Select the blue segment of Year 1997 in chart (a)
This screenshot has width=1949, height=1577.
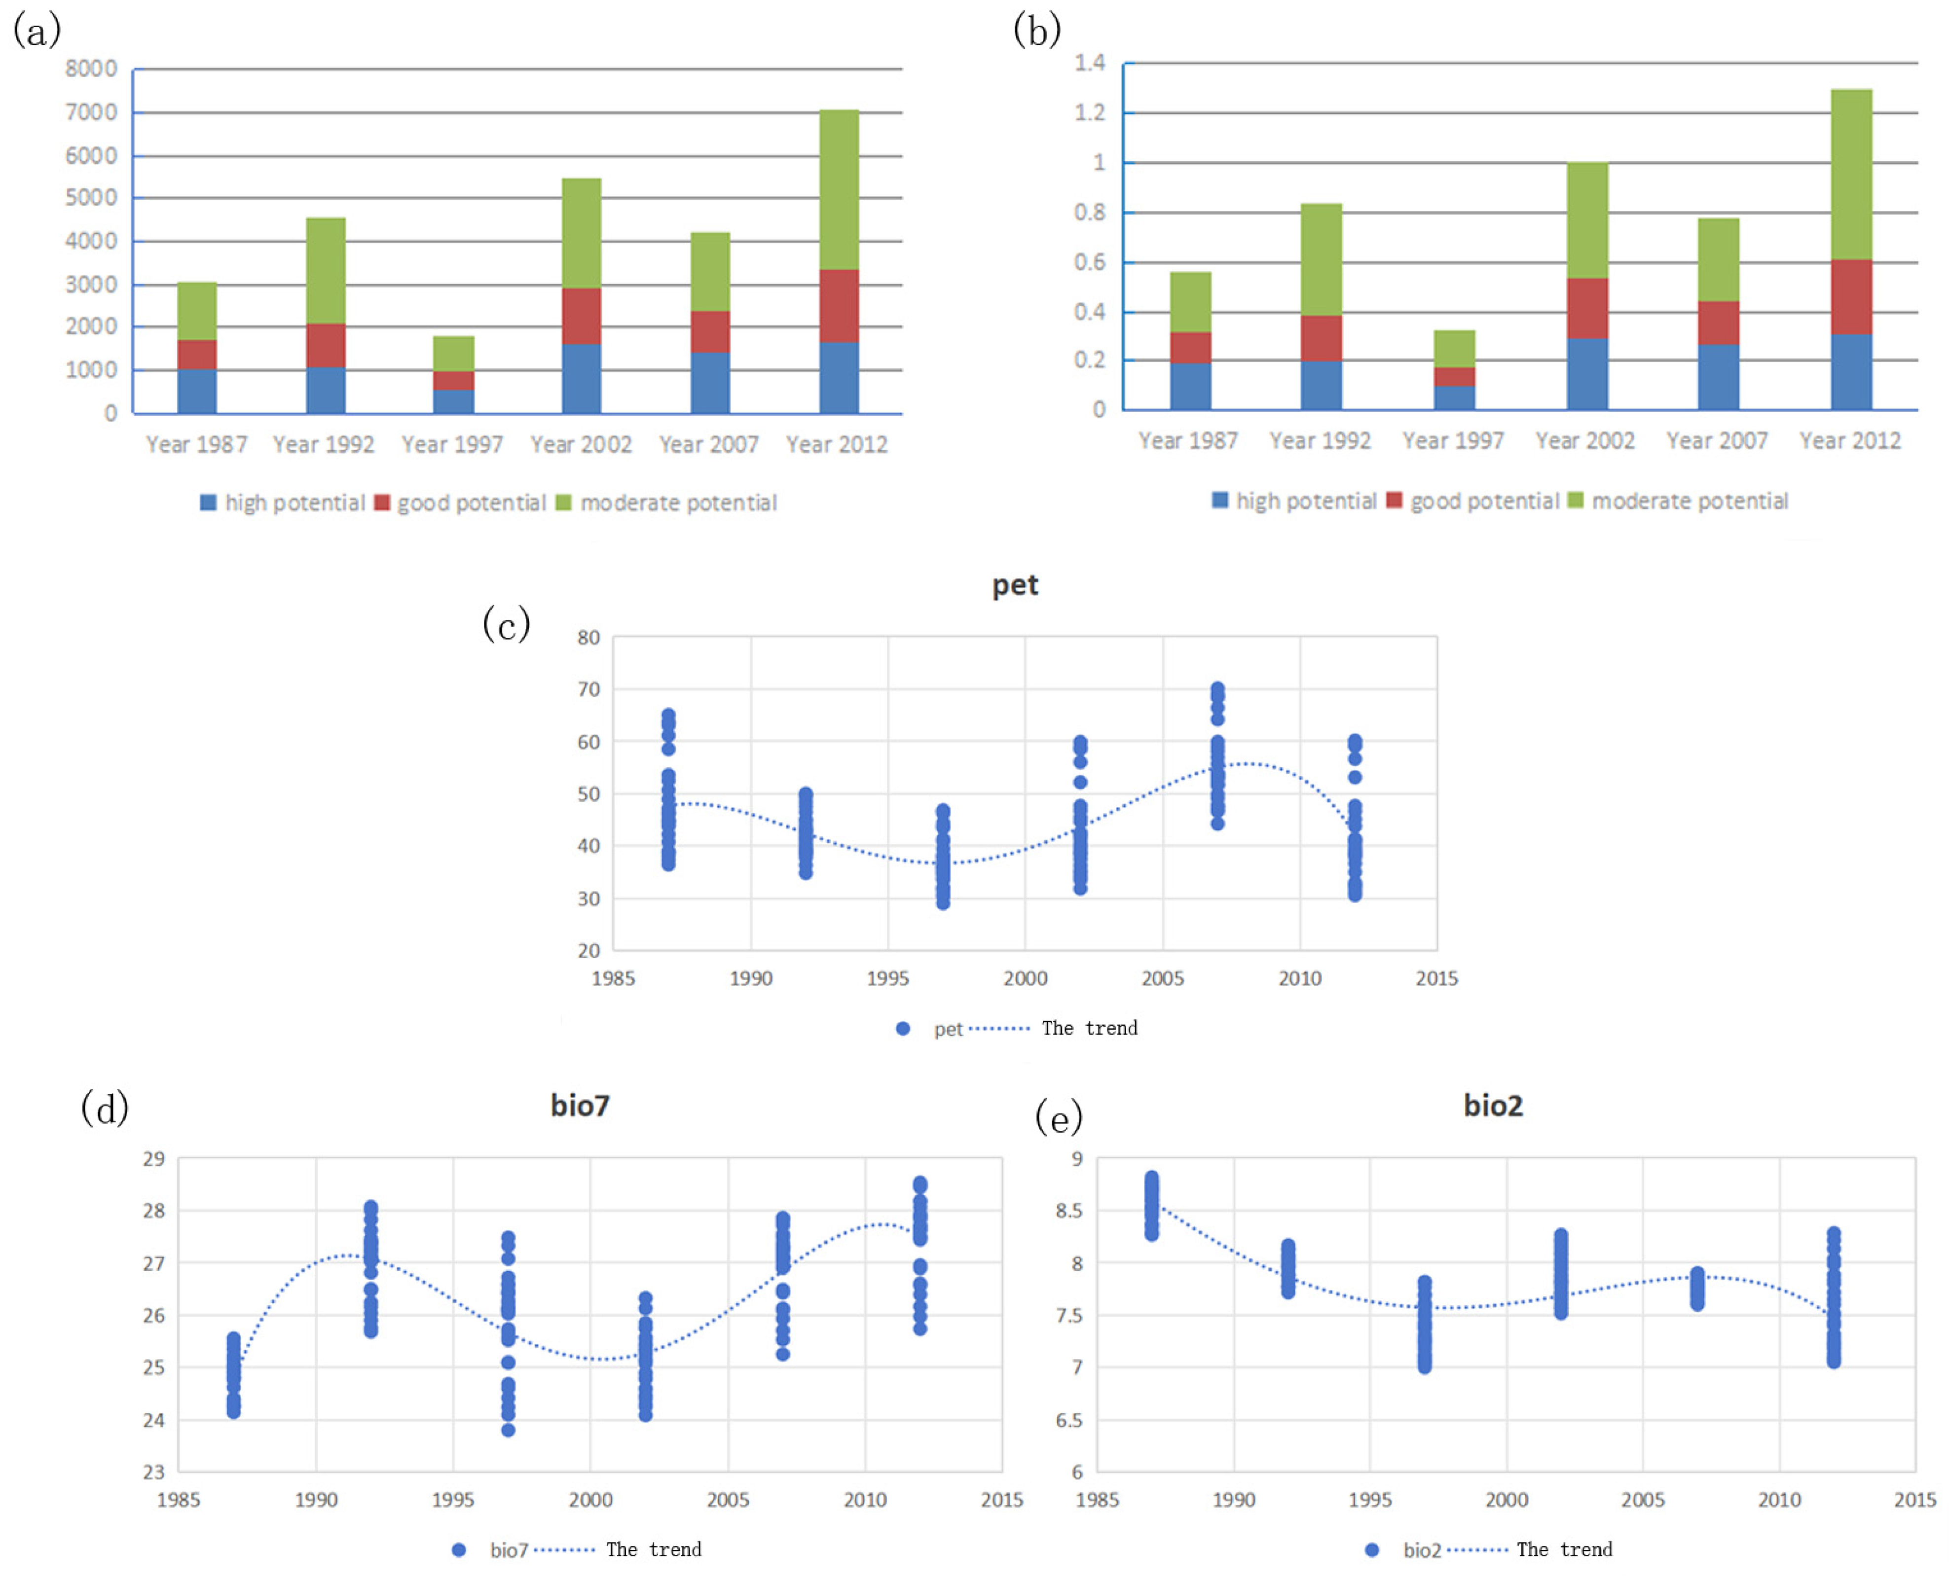pos(453,401)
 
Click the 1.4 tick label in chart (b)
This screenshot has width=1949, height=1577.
pos(1090,63)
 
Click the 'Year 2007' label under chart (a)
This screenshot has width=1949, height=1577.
pos(709,444)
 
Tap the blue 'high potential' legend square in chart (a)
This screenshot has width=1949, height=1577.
pos(208,502)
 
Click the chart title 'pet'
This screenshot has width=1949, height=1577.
pos(1014,585)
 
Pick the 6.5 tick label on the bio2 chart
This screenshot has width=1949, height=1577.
pos(1068,1420)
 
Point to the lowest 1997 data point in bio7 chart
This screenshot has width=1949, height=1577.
pos(508,1430)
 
